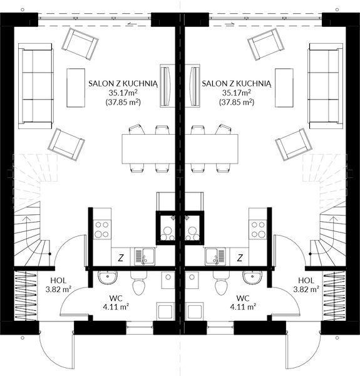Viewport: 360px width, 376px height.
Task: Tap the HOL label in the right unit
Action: click(x=306, y=280)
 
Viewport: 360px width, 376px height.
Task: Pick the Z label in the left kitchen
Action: click(x=120, y=257)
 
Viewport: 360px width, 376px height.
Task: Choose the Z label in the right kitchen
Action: click(x=240, y=257)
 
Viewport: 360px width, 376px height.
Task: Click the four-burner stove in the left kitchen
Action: click(x=101, y=230)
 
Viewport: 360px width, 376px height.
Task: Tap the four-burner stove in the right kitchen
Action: click(x=258, y=230)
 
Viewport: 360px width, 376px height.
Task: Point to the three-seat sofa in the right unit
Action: click(x=326, y=86)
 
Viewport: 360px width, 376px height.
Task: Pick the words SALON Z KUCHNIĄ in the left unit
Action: click(x=123, y=82)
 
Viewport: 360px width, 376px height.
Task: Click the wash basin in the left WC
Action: click(x=106, y=276)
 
